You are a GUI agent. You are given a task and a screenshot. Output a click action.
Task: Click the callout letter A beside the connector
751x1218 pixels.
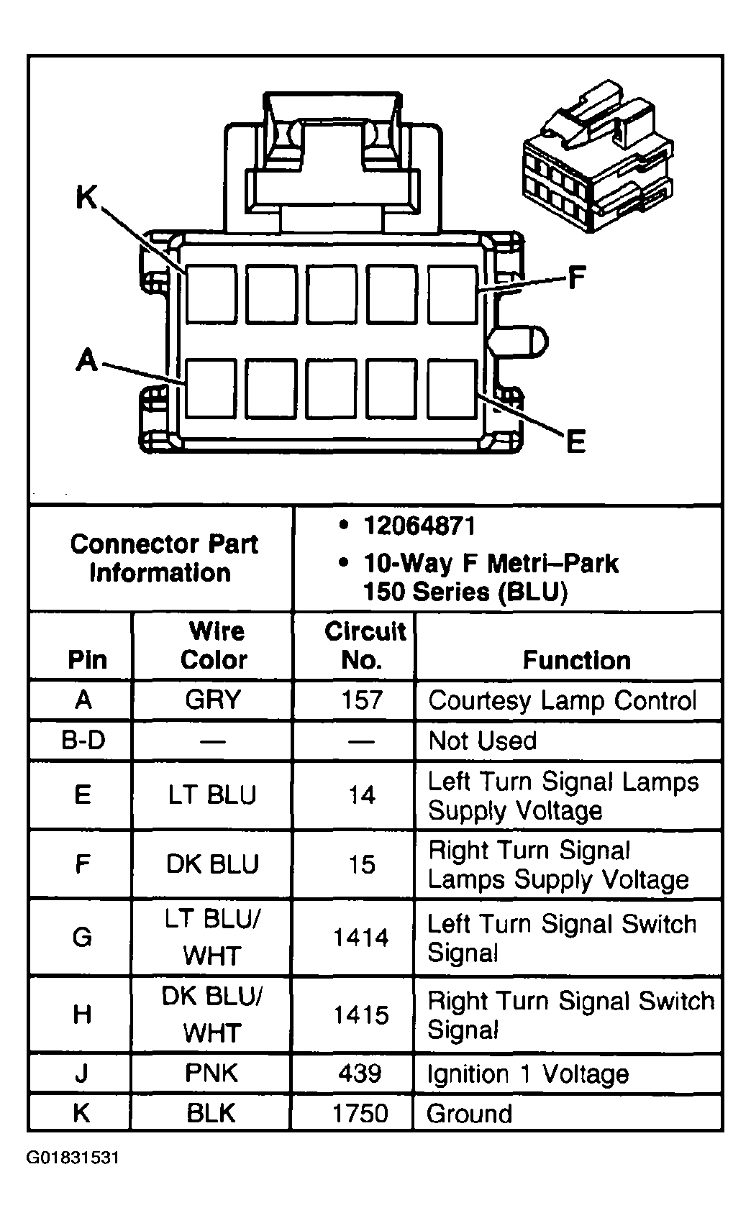[86, 360]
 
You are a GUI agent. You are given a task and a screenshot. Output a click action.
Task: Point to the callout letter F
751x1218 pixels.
[576, 278]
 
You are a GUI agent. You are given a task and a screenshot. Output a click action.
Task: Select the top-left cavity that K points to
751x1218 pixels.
[211, 294]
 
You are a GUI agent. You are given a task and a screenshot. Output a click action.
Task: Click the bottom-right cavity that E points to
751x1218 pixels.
[452, 389]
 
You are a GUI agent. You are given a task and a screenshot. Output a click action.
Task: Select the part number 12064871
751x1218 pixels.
[419, 526]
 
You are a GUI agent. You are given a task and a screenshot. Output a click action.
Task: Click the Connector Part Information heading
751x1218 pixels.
[164, 559]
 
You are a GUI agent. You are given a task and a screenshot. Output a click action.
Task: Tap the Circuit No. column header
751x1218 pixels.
[364, 646]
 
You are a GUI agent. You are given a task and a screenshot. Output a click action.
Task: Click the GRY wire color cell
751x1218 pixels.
[213, 700]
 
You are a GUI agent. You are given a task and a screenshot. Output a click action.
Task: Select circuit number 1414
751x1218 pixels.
[361, 938]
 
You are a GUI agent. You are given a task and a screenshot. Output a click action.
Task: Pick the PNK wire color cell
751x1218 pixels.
[211, 1073]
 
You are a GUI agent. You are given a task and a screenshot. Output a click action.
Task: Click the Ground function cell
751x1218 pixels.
[470, 1114]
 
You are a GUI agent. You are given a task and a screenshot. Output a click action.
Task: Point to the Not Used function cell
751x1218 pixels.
[482, 741]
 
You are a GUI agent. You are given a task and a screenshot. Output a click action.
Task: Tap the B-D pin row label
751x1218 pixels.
[83, 741]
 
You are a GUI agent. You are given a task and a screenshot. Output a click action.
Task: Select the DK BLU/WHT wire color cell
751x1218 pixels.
[212, 1014]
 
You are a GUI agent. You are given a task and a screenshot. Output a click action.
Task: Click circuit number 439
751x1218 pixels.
[360, 1073]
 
